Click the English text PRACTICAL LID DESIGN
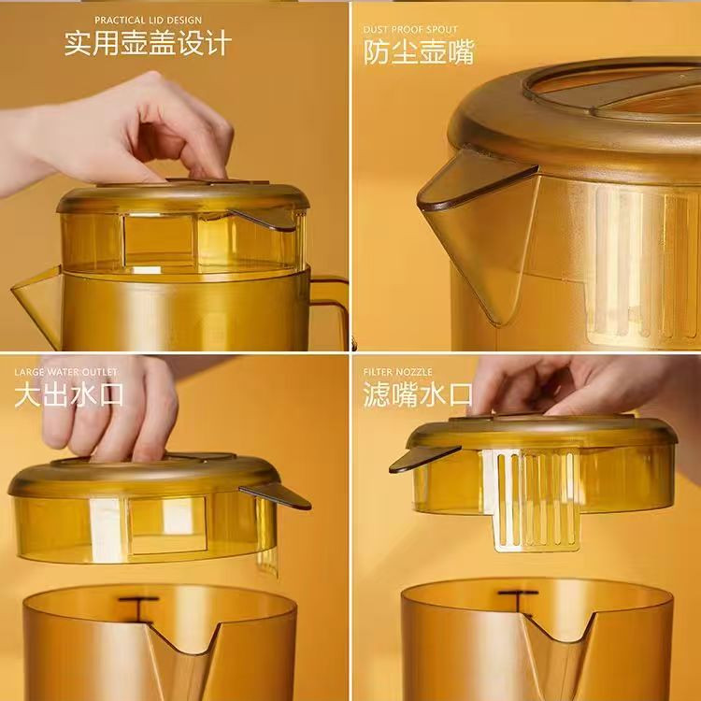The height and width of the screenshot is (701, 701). click(x=148, y=21)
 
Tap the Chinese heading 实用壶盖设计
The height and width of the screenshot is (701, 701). click(x=148, y=43)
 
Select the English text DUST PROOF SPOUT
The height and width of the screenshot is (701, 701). click(x=410, y=30)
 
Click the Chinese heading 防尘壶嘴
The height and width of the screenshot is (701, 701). click(x=419, y=52)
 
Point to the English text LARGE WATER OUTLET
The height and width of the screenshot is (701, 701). click(x=65, y=372)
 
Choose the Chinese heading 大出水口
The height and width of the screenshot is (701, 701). click(x=69, y=395)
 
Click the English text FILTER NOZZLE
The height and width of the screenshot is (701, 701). click(x=398, y=372)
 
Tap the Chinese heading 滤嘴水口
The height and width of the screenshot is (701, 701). click(x=418, y=394)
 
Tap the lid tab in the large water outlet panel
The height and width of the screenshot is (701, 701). click(x=276, y=495)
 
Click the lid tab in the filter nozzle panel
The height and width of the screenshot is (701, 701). click(x=423, y=458)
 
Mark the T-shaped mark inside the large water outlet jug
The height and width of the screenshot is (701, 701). click(x=138, y=609)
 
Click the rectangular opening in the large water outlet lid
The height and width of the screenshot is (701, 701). click(x=168, y=525)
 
